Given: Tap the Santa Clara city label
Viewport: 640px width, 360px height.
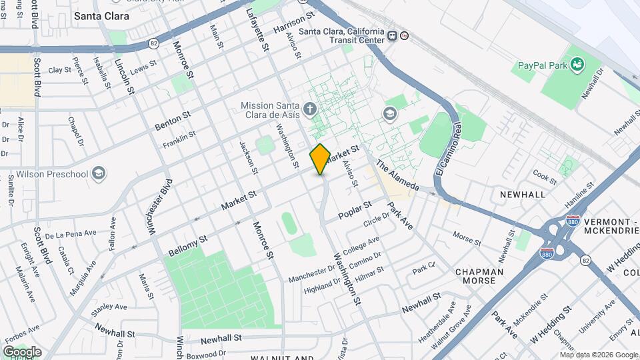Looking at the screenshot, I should [101, 15].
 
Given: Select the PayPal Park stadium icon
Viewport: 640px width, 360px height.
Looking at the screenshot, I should [577, 65].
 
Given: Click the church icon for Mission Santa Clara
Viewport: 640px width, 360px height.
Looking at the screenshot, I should [309, 108].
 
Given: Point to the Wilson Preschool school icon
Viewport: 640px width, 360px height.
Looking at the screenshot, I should [99, 174].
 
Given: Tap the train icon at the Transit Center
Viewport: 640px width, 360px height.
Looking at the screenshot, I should [393, 36].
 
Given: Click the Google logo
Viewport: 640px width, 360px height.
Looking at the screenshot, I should [22, 351].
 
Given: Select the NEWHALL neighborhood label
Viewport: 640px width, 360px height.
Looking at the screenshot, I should [523, 194].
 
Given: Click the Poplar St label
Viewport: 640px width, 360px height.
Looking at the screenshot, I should [354, 210].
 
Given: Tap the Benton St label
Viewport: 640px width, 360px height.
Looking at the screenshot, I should [172, 121].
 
